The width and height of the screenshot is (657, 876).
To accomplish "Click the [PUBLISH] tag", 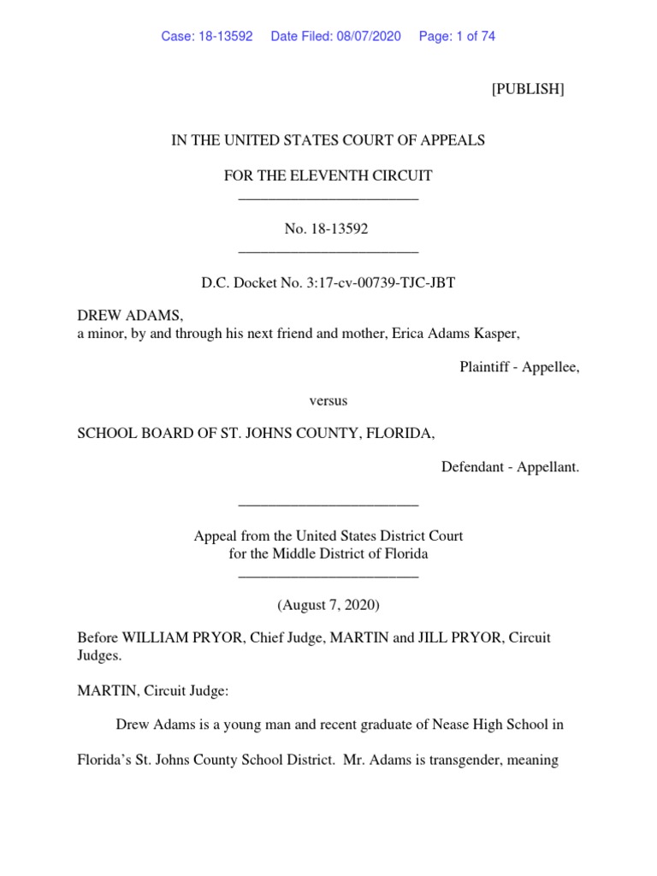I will pos(527,90).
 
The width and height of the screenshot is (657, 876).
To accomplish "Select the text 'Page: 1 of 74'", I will pos(457,36).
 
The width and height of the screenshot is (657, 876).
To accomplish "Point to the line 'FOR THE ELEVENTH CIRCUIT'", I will pos(328,176).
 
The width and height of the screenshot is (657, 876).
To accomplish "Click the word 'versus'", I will pos(328,400).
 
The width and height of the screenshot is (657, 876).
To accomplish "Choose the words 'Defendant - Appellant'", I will pos(509,467).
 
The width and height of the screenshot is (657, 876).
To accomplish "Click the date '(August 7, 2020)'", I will pos(328,605).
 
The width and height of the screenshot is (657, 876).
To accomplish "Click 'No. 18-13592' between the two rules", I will pos(328,229).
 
